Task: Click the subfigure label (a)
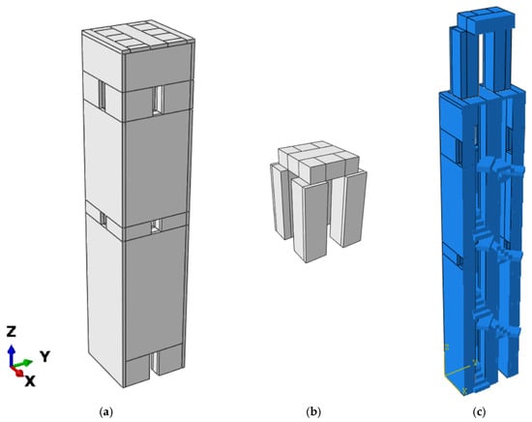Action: click(x=106, y=412)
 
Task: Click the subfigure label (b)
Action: click(x=313, y=412)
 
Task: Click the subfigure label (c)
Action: click(x=479, y=412)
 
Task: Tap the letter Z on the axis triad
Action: click(x=12, y=331)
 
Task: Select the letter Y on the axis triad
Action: click(x=45, y=356)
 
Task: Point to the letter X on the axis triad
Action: click(x=30, y=381)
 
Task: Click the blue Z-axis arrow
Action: click(x=12, y=356)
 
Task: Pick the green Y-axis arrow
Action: click(x=23, y=363)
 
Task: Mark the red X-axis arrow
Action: click(x=17, y=371)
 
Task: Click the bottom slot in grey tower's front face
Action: click(x=155, y=364)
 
